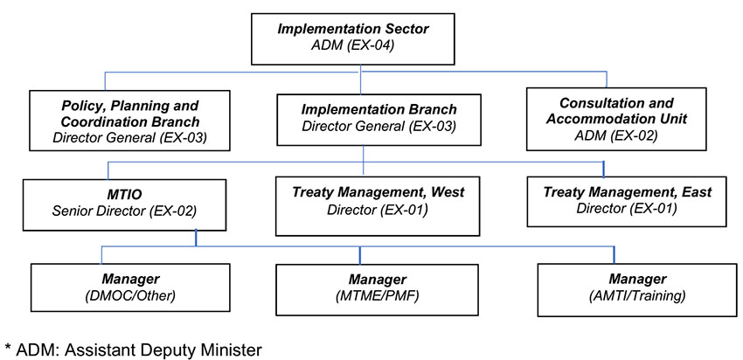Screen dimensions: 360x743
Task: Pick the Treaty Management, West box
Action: [x=378, y=205]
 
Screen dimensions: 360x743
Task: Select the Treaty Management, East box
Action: [x=627, y=201]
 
